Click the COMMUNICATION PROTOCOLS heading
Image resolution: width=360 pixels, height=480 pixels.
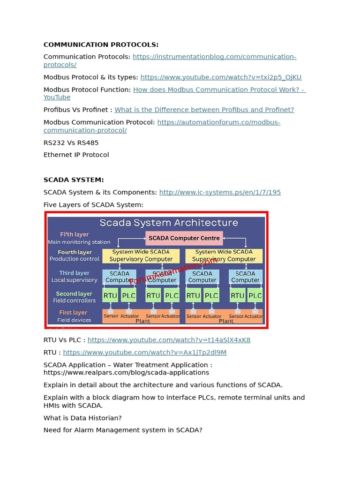(x=101, y=45)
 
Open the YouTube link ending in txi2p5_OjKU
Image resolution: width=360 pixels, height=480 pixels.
(x=221, y=77)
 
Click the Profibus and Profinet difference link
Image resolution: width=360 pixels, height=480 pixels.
(x=204, y=110)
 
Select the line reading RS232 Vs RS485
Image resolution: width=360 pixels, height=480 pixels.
(x=71, y=142)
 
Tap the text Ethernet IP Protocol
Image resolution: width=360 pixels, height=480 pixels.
(x=76, y=155)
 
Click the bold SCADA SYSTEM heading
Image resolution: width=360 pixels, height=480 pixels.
(x=74, y=180)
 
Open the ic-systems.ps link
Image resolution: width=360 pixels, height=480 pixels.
(x=220, y=192)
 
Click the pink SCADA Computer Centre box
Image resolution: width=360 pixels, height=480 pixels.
(x=184, y=238)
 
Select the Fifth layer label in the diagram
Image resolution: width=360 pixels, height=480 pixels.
(x=74, y=234)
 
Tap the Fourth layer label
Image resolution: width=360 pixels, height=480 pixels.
(x=75, y=252)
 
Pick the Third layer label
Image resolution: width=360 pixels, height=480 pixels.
(x=74, y=273)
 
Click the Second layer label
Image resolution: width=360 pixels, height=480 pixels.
(x=74, y=294)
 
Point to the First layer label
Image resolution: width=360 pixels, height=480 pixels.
(x=73, y=313)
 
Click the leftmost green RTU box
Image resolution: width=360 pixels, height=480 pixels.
(x=110, y=296)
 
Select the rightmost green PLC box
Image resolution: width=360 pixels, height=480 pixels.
(x=255, y=296)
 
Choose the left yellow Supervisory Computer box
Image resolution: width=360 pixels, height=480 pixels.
(x=141, y=255)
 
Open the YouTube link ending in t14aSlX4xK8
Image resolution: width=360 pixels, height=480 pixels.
(x=169, y=340)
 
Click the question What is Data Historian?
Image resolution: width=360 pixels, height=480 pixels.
(x=82, y=418)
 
